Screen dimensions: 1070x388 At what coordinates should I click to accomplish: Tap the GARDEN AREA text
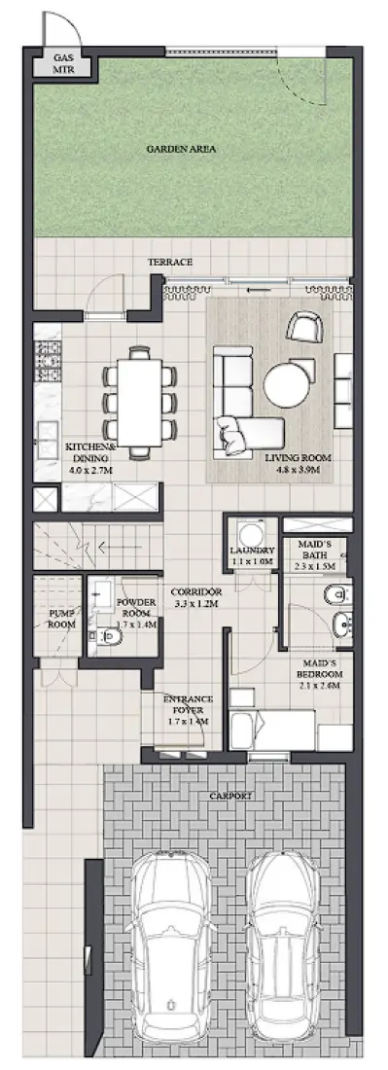[x=181, y=149]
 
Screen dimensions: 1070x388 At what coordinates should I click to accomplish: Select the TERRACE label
[x=169, y=263]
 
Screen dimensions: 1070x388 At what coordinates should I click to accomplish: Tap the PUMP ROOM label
[x=60, y=619]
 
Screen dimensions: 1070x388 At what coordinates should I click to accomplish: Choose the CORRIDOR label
[x=196, y=596]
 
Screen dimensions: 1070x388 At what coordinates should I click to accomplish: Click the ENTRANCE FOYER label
[x=188, y=709]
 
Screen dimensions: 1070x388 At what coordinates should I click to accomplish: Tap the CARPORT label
[x=230, y=796]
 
